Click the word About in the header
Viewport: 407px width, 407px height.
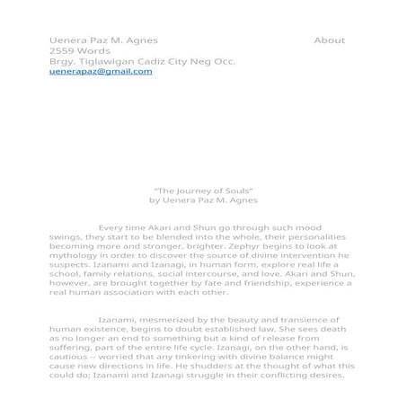coord(330,40)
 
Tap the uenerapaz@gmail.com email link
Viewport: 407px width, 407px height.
coord(101,72)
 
